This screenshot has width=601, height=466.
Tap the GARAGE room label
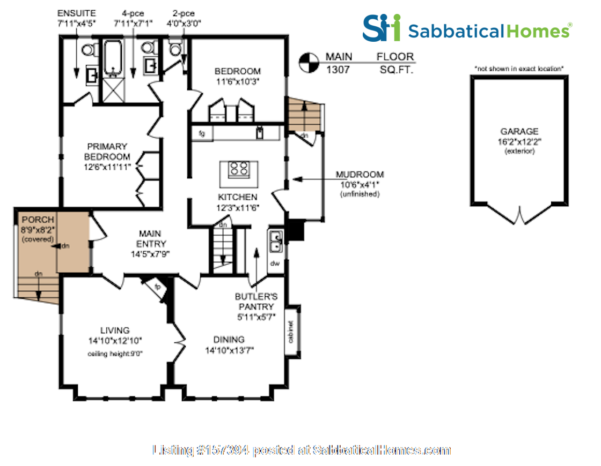(x=519, y=131)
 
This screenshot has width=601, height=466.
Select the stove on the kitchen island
(x=238, y=170)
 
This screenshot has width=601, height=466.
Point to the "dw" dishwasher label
(x=275, y=264)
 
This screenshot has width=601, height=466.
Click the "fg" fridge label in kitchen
(x=202, y=132)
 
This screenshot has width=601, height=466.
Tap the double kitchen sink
(x=276, y=241)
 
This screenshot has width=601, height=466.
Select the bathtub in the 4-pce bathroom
(x=113, y=59)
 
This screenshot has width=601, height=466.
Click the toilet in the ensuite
(x=89, y=50)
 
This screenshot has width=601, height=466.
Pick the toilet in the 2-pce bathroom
(x=175, y=49)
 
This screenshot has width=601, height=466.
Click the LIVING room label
(x=115, y=330)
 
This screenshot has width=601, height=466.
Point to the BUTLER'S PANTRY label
(x=254, y=301)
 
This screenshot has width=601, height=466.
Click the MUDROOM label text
(x=360, y=175)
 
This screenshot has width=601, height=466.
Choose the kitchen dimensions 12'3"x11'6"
(x=238, y=207)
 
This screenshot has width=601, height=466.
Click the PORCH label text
(x=38, y=220)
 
